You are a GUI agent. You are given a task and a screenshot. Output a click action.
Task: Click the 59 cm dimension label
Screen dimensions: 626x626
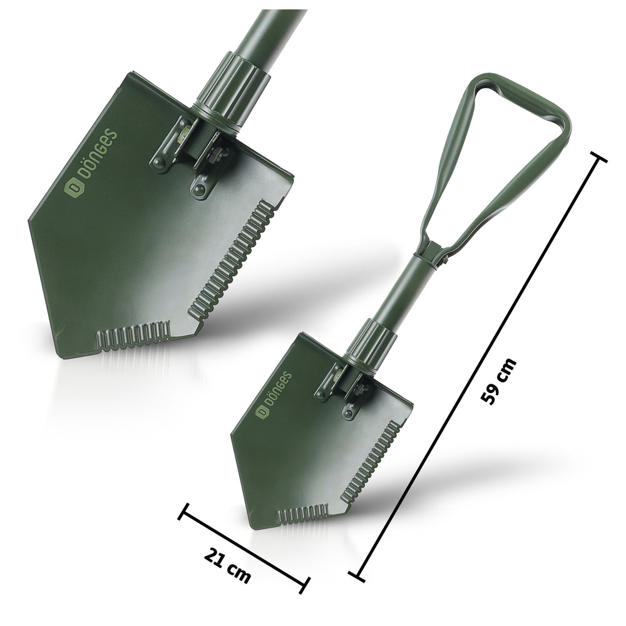(499, 382)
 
